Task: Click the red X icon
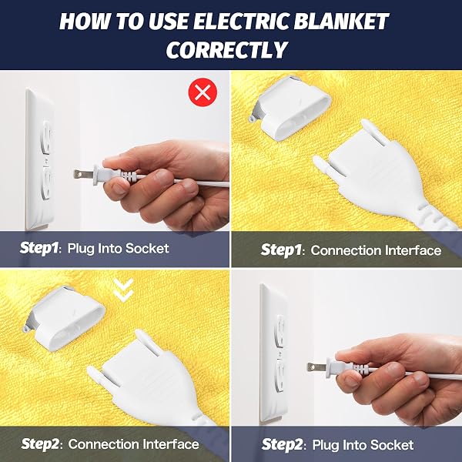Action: [x=203, y=92]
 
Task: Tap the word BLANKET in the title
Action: [x=341, y=22]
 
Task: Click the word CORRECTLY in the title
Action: [x=226, y=49]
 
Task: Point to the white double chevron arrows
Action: [x=124, y=290]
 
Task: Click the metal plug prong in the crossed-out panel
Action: [x=83, y=175]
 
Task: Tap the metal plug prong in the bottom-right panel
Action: [x=316, y=367]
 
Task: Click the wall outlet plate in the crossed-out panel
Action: [x=40, y=159]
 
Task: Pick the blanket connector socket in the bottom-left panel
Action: [x=64, y=318]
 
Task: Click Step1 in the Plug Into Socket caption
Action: [x=39, y=248]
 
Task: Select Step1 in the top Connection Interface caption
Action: [x=280, y=250]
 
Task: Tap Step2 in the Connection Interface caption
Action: [x=41, y=444]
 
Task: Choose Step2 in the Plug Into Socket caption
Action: [x=281, y=444]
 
